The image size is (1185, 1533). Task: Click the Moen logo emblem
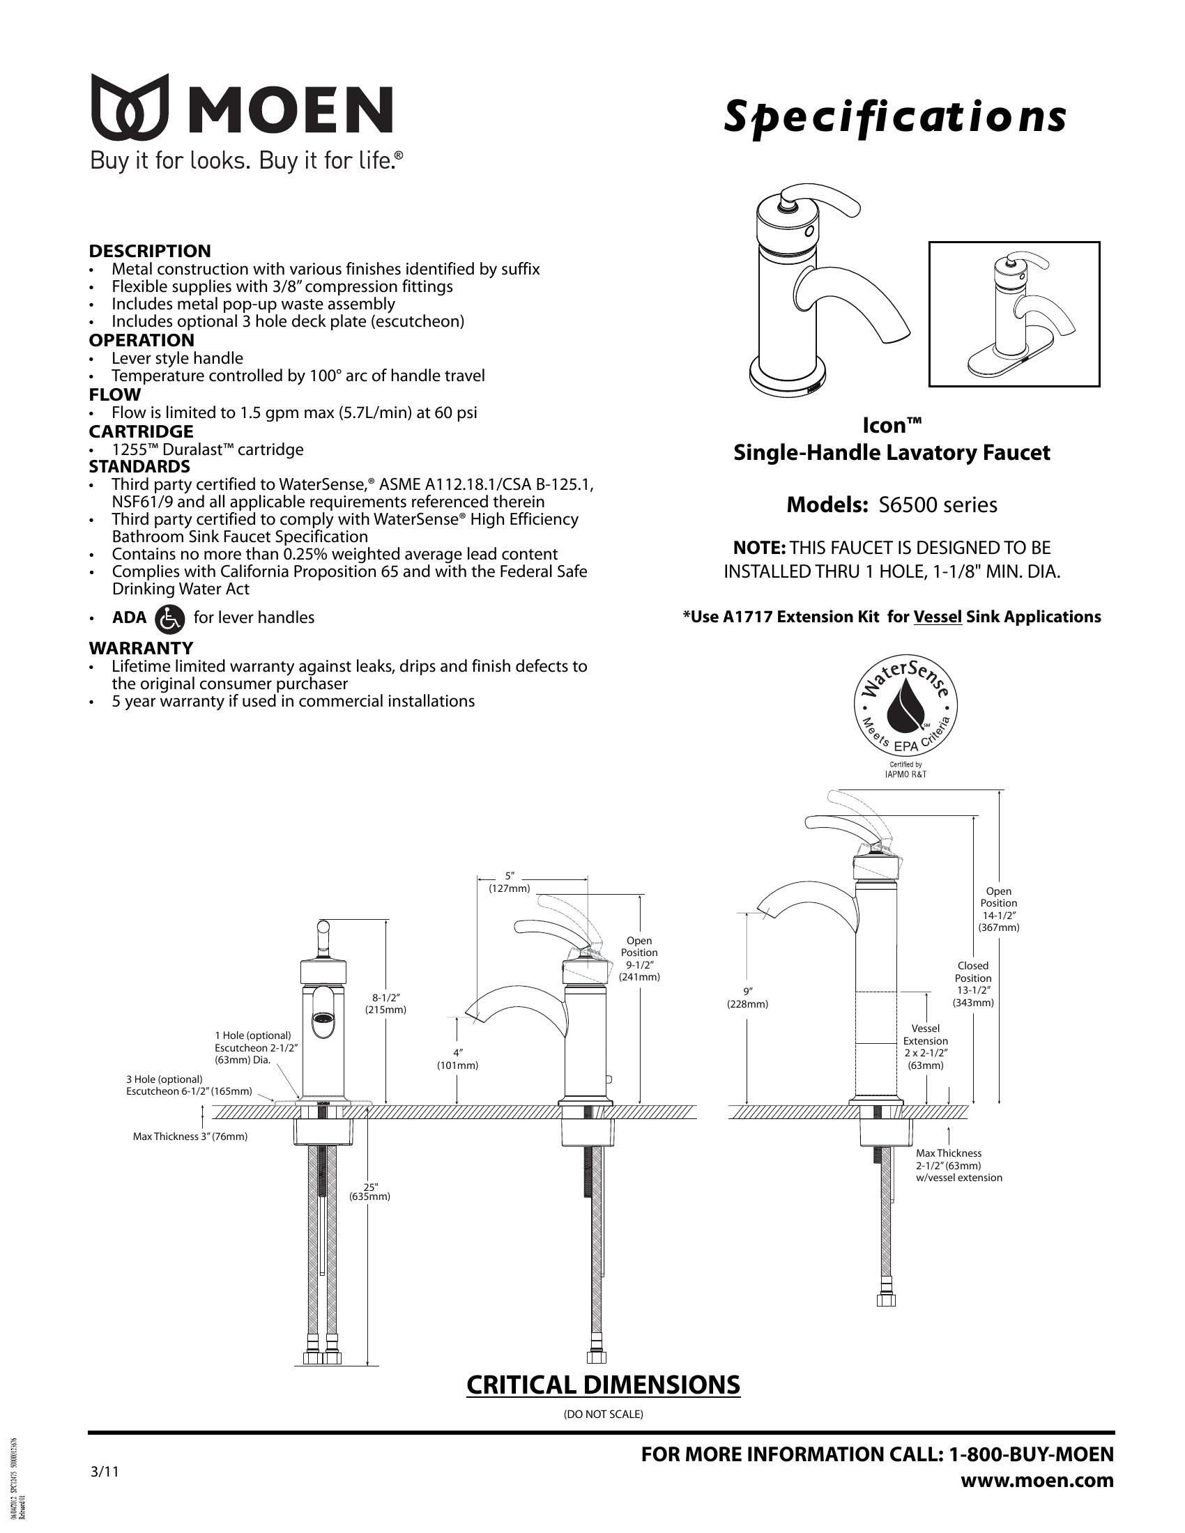[x=129, y=106]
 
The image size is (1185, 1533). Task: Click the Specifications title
[x=895, y=118]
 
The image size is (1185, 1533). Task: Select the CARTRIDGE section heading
[x=141, y=431]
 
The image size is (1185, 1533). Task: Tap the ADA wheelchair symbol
[x=169, y=617]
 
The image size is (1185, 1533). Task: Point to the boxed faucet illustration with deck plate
[x=1014, y=314]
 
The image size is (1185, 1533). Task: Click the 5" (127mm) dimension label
[x=510, y=882]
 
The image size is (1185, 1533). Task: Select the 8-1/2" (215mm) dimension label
[x=385, y=1003]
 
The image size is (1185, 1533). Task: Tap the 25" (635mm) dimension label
[x=369, y=1191]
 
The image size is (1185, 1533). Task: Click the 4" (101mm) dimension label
[x=457, y=1059]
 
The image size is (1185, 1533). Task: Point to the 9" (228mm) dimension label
[x=747, y=997]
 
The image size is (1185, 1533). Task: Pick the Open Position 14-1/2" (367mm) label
[x=998, y=909]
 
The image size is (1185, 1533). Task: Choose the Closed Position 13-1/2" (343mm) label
[x=973, y=984]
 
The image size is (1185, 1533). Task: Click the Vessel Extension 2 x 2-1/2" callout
[x=925, y=1047]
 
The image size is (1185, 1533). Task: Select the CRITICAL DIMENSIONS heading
[x=603, y=1385]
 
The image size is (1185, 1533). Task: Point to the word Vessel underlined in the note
[x=937, y=617]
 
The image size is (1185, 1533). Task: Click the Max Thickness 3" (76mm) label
[x=190, y=1137]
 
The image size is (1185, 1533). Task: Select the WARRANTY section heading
[x=140, y=648]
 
